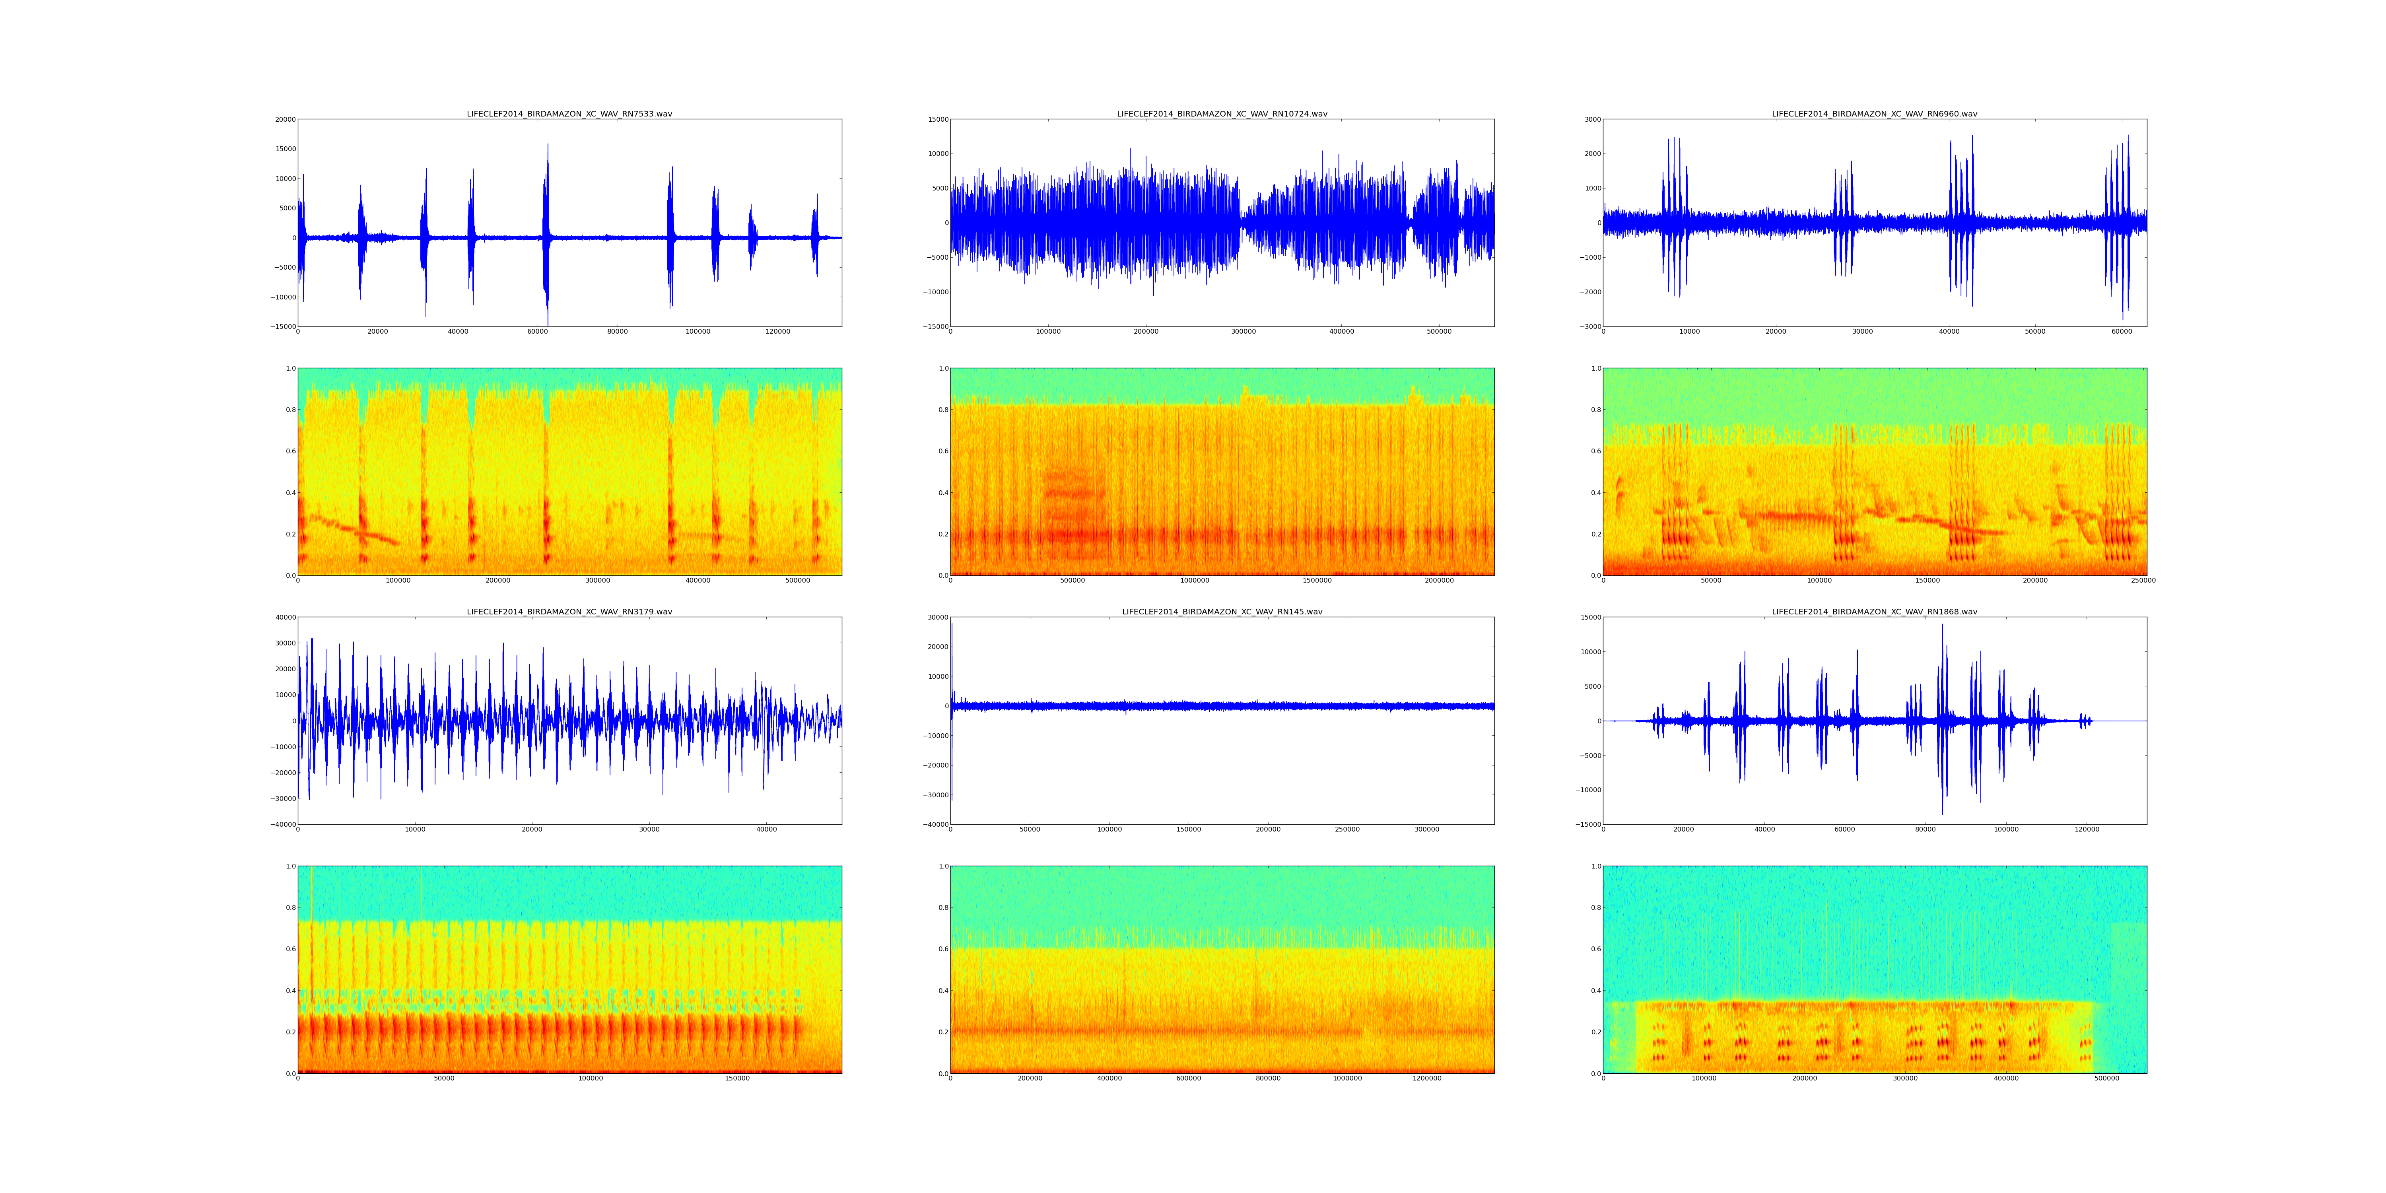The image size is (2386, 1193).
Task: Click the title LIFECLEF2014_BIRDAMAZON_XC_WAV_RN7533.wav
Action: point(569,114)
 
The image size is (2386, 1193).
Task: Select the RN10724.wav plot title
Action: point(1222,114)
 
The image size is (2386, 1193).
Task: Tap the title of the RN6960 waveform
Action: point(1874,114)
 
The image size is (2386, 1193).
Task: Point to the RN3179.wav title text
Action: point(569,611)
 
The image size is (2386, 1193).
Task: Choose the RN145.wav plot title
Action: point(1222,611)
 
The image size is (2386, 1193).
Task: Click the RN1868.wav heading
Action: point(1874,611)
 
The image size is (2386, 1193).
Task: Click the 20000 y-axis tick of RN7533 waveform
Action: point(284,119)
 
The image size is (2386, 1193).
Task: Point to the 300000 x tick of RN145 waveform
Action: point(1426,829)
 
